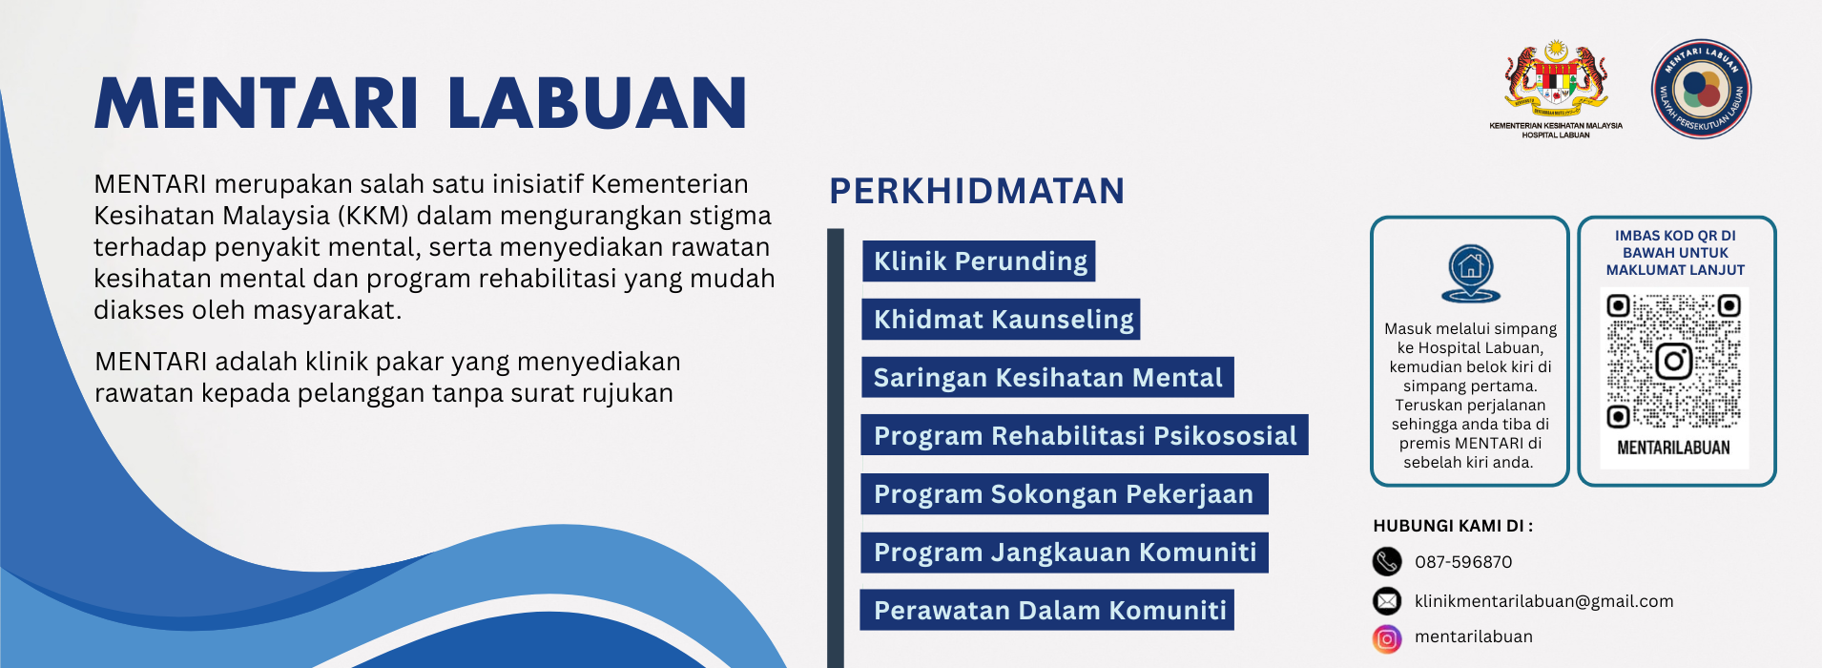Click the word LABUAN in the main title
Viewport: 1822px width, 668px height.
(597, 103)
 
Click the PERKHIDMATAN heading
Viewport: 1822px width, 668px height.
(977, 191)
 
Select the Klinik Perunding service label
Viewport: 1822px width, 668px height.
(980, 261)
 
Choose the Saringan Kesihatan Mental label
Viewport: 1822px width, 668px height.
(1047, 378)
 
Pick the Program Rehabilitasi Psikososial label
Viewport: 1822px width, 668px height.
(1085, 436)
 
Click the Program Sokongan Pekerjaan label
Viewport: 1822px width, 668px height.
(1064, 494)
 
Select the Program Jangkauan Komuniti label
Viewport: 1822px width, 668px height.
(1065, 553)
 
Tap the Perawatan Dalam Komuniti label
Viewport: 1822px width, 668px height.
(1047, 611)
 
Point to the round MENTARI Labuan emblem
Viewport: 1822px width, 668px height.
(1702, 89)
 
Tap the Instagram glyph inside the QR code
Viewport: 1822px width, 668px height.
(1674, 362)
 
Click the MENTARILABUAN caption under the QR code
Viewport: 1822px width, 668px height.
(1673, 448)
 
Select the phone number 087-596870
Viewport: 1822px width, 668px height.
(1463, 562)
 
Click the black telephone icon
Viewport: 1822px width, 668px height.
(1387, 561)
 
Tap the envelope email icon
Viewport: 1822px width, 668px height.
(1387, 600)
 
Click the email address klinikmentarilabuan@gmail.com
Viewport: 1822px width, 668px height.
(1543, 601)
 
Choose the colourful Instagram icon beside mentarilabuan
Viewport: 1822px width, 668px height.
(1387, 638)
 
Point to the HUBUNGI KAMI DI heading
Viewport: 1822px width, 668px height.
(1453, 526)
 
